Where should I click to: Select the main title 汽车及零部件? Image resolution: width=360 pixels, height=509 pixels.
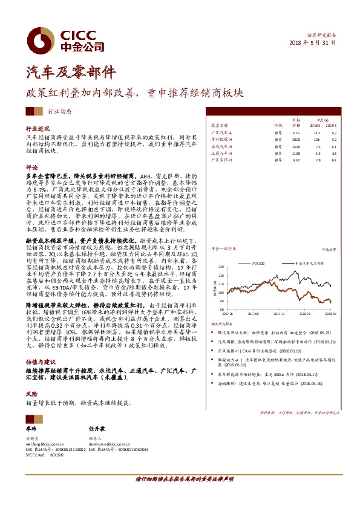tap(71, 73)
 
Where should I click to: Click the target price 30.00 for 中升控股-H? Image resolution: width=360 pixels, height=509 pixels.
tap(296, 139)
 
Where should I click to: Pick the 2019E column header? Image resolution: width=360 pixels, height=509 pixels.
tap(331, 125)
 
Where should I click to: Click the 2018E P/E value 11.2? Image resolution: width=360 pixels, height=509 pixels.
tap(316, 132)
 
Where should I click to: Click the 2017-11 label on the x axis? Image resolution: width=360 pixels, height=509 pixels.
tap(279, 314)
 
